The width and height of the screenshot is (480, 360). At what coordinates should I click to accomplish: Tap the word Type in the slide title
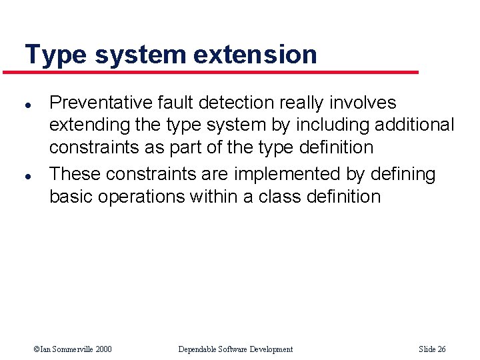[55, 55]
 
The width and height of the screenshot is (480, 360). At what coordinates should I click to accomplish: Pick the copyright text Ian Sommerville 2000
[74, 349]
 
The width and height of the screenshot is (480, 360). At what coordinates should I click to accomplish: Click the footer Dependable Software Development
[235, 349]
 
